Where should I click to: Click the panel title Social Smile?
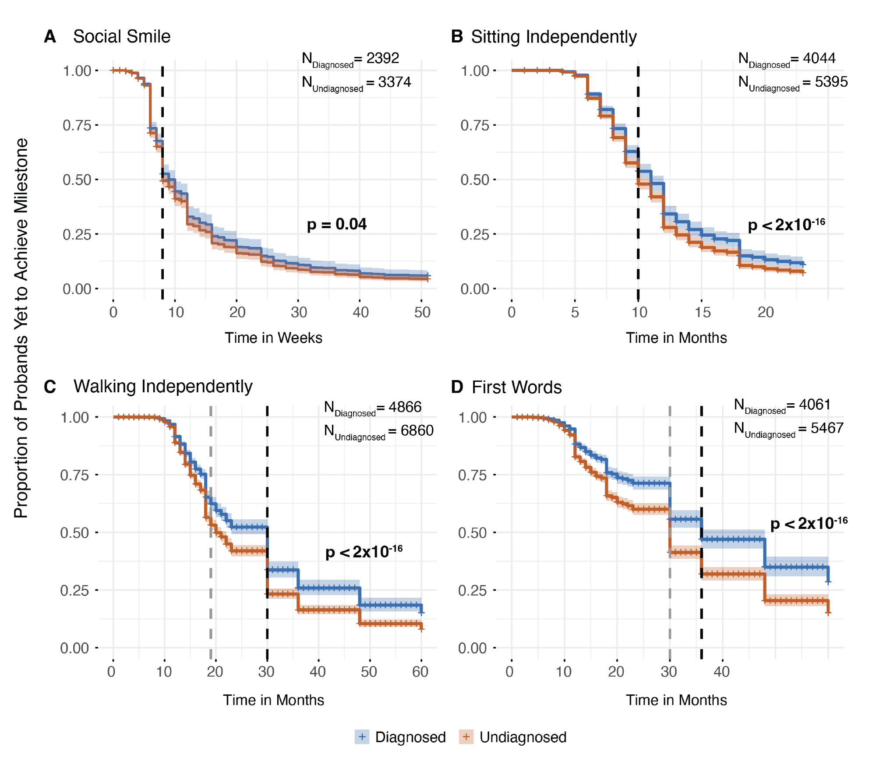click(x=121, y=36)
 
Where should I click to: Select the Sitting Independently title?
click(x=554, y=37)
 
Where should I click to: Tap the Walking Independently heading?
click(x=163, y=386)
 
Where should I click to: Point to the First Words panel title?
click(x=516, y=387)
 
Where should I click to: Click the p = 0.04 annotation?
click(x=336, y=224)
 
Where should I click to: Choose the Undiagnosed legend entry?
click(x=513, y=737)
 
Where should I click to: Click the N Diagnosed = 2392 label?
click(x=350, y=59)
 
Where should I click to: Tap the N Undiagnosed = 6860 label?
click(x=378, y=431)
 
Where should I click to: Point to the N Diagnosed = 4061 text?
click(x=782, y=405)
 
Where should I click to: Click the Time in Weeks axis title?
click(x=273, y=338)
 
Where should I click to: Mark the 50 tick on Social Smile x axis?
click(x=422, y=312)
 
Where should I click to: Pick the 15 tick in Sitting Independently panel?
click(x=703, y=312)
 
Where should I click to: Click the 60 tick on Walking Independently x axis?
click(x=420, y=671)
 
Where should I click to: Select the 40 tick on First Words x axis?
click(x=722, y=671)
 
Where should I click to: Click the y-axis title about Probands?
click(x=21, y=328)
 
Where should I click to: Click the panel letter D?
click(x=457, y=387)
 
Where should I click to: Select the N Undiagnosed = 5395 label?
click(x=793, y=83)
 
